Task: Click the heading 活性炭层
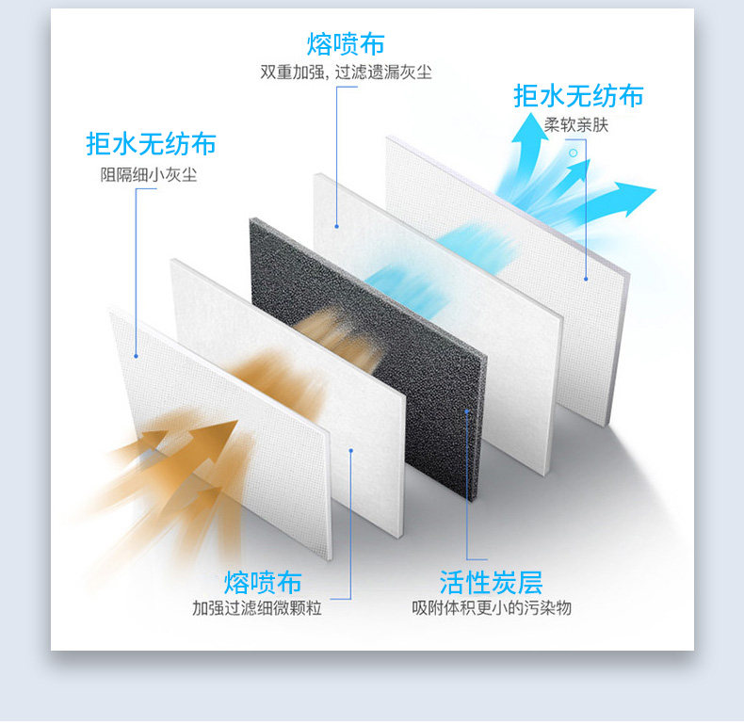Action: pyautogui.click(x=491, y=582)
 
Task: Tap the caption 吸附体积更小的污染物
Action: pyautogui.click(x=491, y=608)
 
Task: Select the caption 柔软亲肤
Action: pyautogui.click(x=576, y=124)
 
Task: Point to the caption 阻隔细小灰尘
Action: pyautogui.click(x=149, y=174)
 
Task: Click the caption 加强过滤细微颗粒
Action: pyautogui.click(x=257, y=608)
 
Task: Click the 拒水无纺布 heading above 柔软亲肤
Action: pyautogui.click(x=578, y=96)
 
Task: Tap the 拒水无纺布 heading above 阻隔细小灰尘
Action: pyautogui.click(x=151, y=144)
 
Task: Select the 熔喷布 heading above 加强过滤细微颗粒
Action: pyautogui.click(x=263, y=581)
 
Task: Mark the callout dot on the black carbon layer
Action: pyautogui.click(x=465, y=411)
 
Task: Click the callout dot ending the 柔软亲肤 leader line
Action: pyautogui.click(x=586, y=278)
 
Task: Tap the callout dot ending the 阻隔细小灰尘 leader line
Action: pyautogui.click(x=136, y=356)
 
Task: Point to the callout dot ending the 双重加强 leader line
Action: pyautogui.click(x=336, y=225)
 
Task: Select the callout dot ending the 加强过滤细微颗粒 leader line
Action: pyautogui.click(x=350, y=450)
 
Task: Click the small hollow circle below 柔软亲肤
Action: pyautogui.click(x=573, y=152)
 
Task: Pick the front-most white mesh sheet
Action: pyautogui.click(x=217, y=424)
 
